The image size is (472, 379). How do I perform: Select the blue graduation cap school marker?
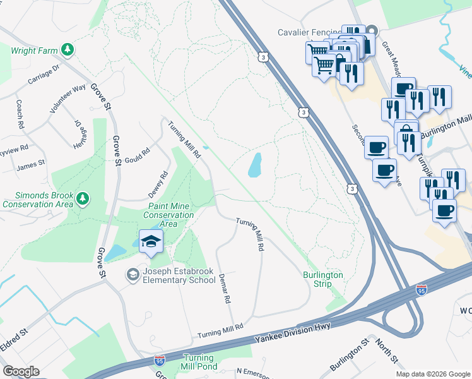tap(151, 241)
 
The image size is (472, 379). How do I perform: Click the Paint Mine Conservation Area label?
tap(168, 215)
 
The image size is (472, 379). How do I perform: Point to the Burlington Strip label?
tap(322, 279)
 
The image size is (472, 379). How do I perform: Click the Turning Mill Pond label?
tap(200, 362)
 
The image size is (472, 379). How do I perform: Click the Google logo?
tap(21, 371)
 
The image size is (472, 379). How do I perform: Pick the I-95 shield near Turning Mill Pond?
tap(160, 361)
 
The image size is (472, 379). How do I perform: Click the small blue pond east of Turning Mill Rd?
tap(255, 165)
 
